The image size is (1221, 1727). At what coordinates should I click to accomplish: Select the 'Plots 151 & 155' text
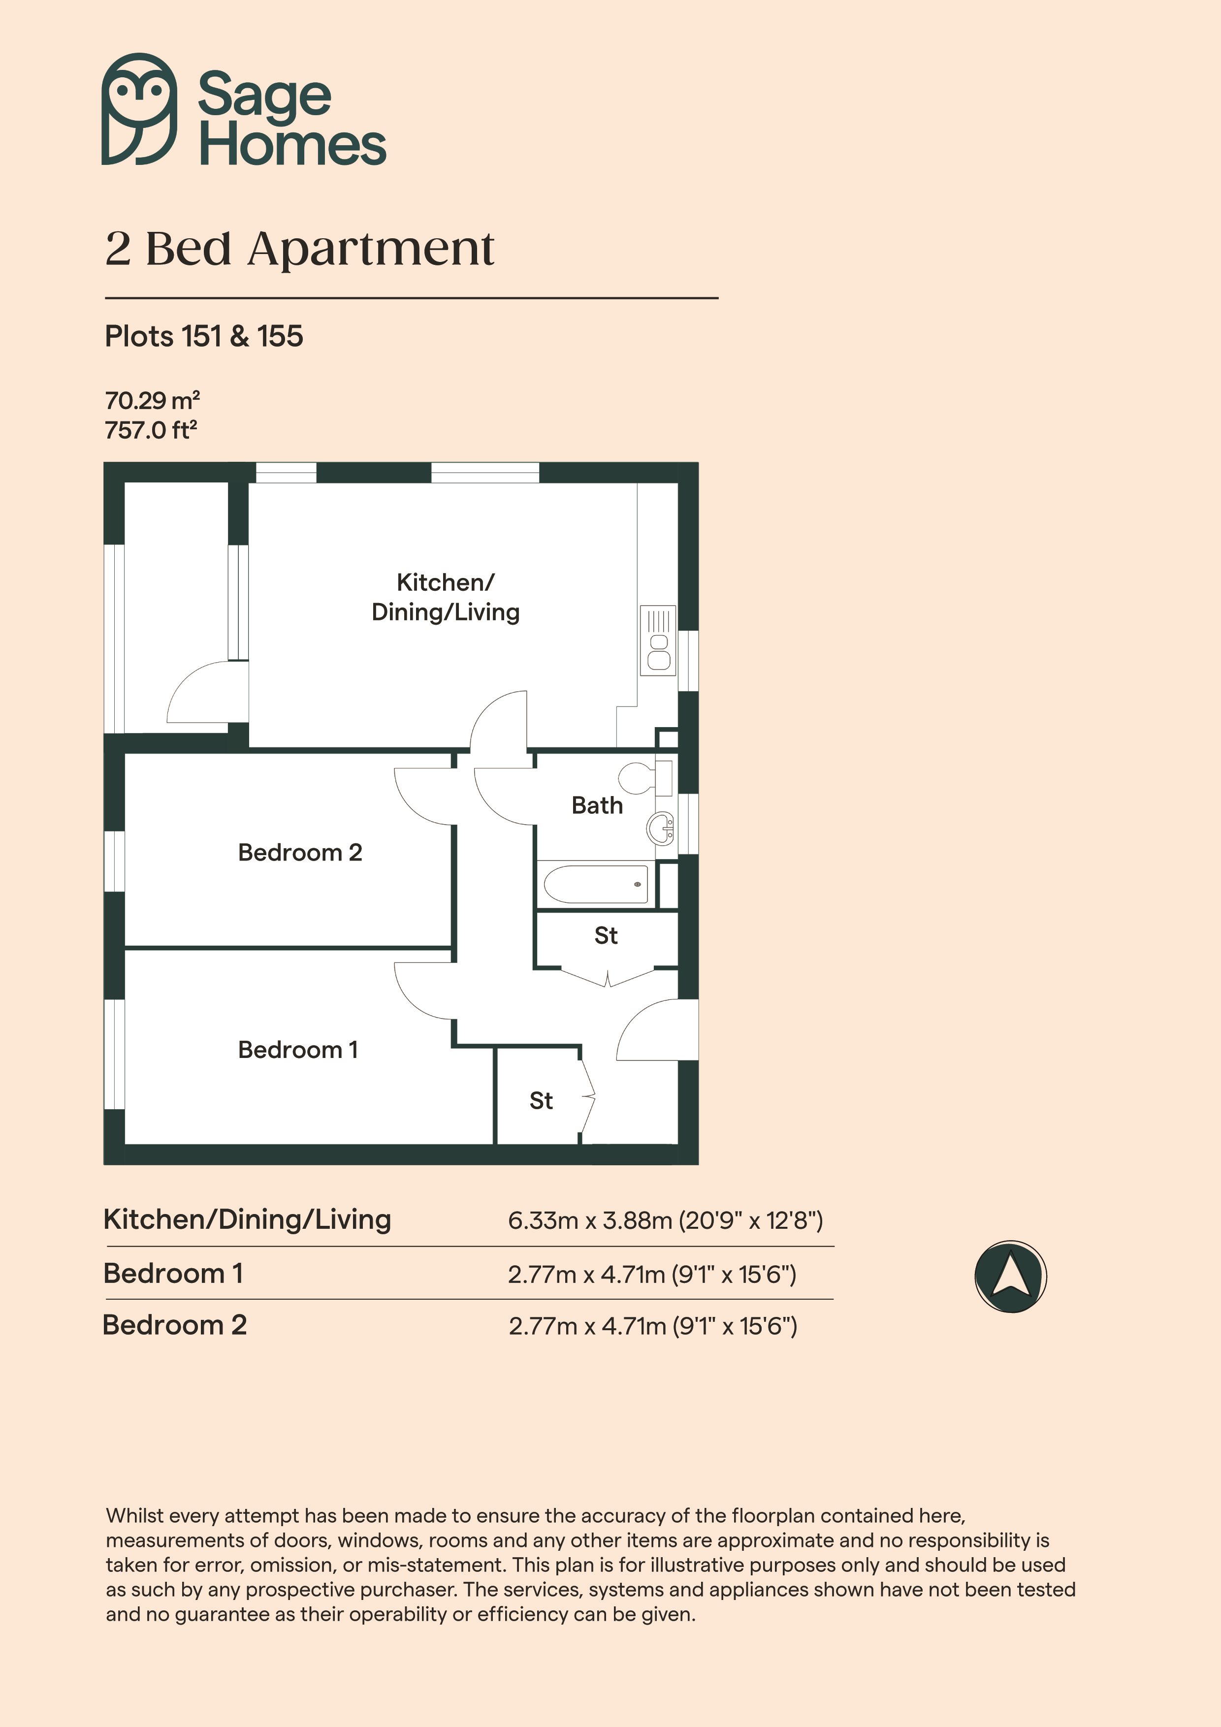(204, 336)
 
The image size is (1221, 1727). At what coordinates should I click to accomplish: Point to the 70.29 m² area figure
(152, 399)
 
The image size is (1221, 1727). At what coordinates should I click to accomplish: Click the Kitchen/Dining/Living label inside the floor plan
(446, 597)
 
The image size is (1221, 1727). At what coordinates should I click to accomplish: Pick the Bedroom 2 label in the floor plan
(300, 852)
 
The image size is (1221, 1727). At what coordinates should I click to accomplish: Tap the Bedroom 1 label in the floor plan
(298, 1049)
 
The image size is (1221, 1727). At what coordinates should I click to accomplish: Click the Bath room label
(597, 805)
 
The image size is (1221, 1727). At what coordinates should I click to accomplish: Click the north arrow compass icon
(1010, 1277)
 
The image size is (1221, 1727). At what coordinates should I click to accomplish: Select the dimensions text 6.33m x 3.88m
(590, 1220)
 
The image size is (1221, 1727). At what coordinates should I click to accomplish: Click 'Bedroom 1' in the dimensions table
(173, 1274)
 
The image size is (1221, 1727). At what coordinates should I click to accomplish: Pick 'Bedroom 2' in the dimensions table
(175, 1325)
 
